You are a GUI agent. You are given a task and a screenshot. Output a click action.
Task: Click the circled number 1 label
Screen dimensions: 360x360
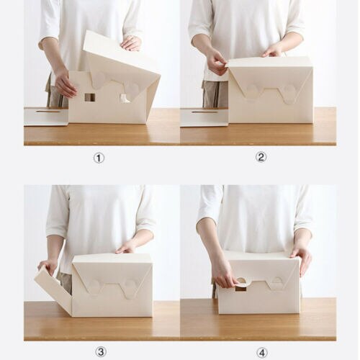[99, 158]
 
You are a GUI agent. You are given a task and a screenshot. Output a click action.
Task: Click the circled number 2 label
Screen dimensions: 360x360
[261, 158]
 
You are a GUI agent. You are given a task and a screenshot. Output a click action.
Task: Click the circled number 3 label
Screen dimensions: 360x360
[100, 351]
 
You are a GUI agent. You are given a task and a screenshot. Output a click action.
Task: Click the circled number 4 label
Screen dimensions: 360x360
[261, 351]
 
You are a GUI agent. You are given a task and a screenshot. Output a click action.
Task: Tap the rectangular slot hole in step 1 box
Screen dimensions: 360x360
[89, 97]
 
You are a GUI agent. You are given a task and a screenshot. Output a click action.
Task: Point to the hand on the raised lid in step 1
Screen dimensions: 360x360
[131, 43]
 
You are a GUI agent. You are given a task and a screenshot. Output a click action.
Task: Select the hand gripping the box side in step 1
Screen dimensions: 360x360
[65, 84]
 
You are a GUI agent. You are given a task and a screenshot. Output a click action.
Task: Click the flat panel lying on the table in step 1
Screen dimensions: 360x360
[45, 115]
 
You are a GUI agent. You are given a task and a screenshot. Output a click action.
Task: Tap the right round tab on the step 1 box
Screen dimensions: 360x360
[132, 91]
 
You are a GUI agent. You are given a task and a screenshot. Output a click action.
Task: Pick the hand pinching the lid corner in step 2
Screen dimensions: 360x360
[215, 62]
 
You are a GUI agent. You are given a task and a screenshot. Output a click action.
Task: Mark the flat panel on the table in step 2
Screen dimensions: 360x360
[204, 117]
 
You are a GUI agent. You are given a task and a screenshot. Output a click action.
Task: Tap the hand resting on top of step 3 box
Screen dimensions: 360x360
[127, 247]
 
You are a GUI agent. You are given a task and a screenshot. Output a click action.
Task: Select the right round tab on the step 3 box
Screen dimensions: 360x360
[130, 287]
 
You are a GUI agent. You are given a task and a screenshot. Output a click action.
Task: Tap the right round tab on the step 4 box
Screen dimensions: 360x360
[276, 284]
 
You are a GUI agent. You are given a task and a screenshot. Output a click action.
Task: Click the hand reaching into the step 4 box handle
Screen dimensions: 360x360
[224, 274]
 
